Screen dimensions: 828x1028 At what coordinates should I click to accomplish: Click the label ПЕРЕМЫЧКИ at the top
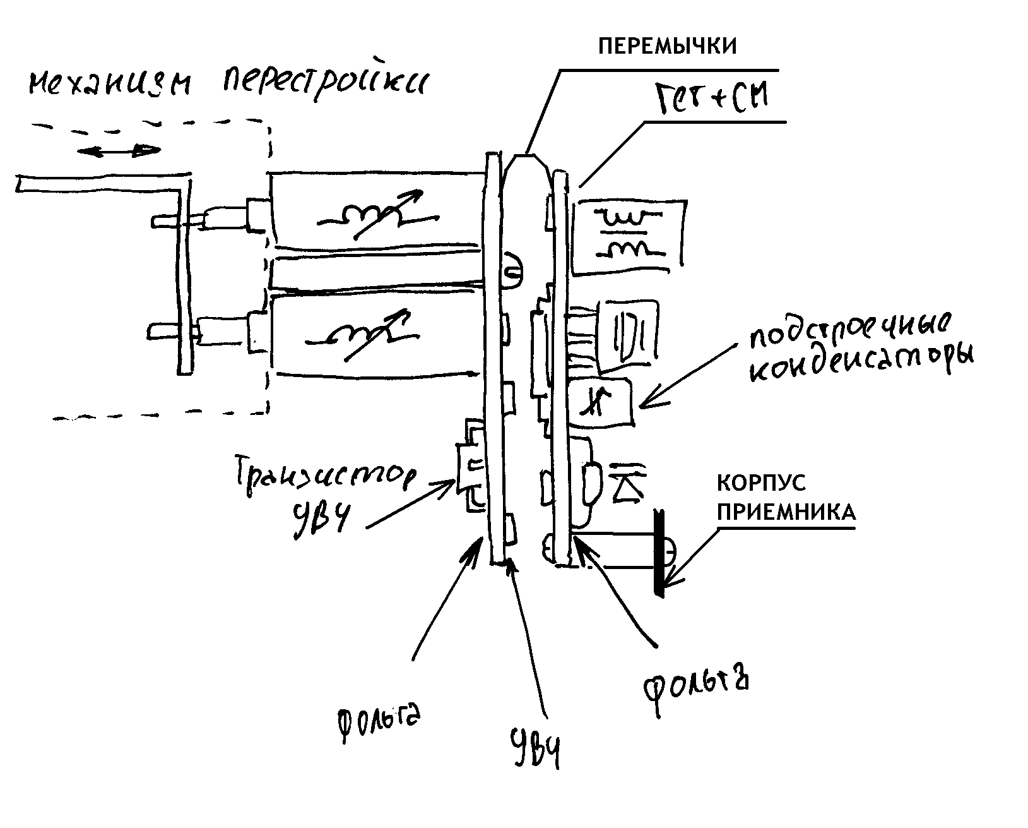click(666, 47)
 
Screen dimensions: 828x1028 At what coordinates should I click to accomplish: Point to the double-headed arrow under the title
click(118, 151)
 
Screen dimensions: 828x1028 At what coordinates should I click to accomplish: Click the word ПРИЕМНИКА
click(786, 511)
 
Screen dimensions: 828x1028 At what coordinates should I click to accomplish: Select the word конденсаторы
click(861, 366)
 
